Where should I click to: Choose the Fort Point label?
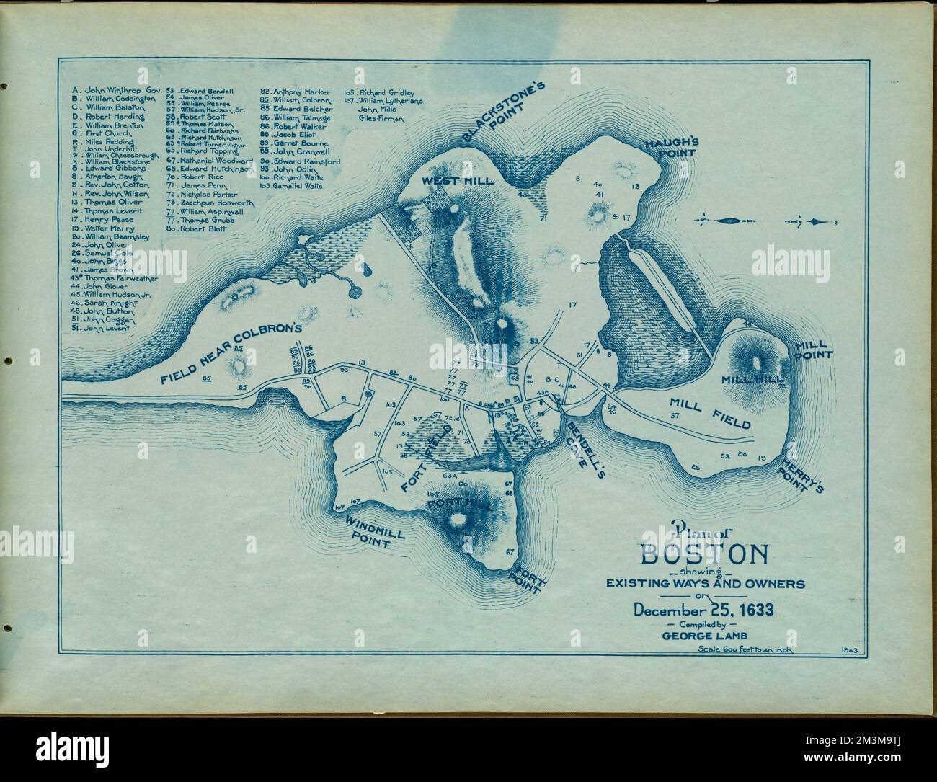click(x=528, y=579)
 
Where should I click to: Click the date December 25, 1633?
click(x=703, y=610)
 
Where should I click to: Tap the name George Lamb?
click(x=703, y=635)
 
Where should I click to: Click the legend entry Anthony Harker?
click(x=296, y=92)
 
